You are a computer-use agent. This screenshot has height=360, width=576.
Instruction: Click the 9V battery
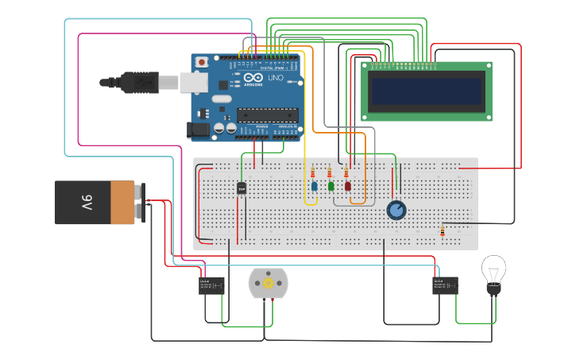[95, 202]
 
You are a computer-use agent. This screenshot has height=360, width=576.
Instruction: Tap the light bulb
[493, 275]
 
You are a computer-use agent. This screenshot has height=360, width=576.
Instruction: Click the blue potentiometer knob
[396, 210]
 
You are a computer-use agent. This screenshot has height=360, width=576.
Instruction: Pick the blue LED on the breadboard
[314, 186]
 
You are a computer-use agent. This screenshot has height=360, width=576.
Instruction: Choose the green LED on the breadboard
[331, 186]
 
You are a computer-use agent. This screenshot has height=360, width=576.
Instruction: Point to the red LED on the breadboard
[347, 186]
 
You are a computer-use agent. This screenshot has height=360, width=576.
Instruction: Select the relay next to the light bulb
[445, 285]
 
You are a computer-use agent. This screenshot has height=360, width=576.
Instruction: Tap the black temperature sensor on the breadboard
[242, 188]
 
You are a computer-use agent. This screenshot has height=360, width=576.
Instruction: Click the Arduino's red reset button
[202, 62]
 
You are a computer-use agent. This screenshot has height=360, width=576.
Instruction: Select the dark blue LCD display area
[427, 91]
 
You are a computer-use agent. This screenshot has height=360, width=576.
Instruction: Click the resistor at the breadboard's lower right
[442, 231]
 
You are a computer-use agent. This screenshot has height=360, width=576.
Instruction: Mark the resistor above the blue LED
[312, 172]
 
